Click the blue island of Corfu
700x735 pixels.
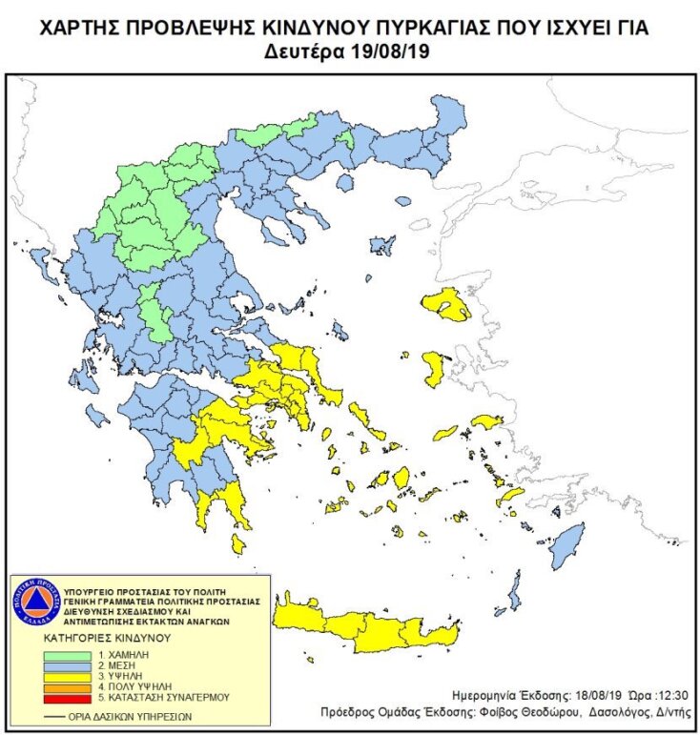(41, 260)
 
